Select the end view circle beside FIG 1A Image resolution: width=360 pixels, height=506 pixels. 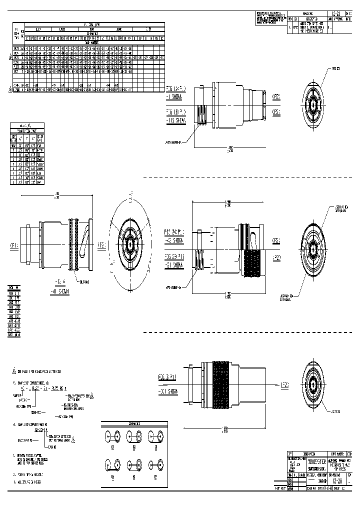pos(313,105)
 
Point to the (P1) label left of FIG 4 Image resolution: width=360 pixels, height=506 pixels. pos(13,245)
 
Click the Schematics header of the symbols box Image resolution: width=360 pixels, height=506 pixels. pos(134,423)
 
